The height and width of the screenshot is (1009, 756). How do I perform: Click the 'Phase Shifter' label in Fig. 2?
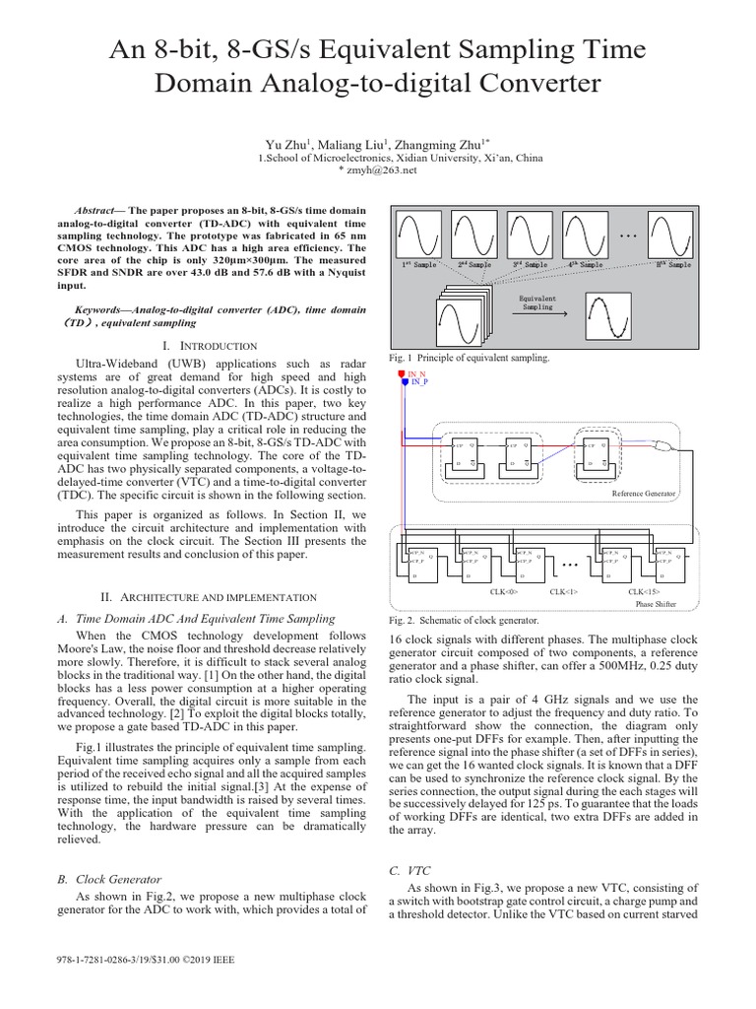656,602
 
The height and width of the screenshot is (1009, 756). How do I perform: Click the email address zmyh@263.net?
377,169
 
